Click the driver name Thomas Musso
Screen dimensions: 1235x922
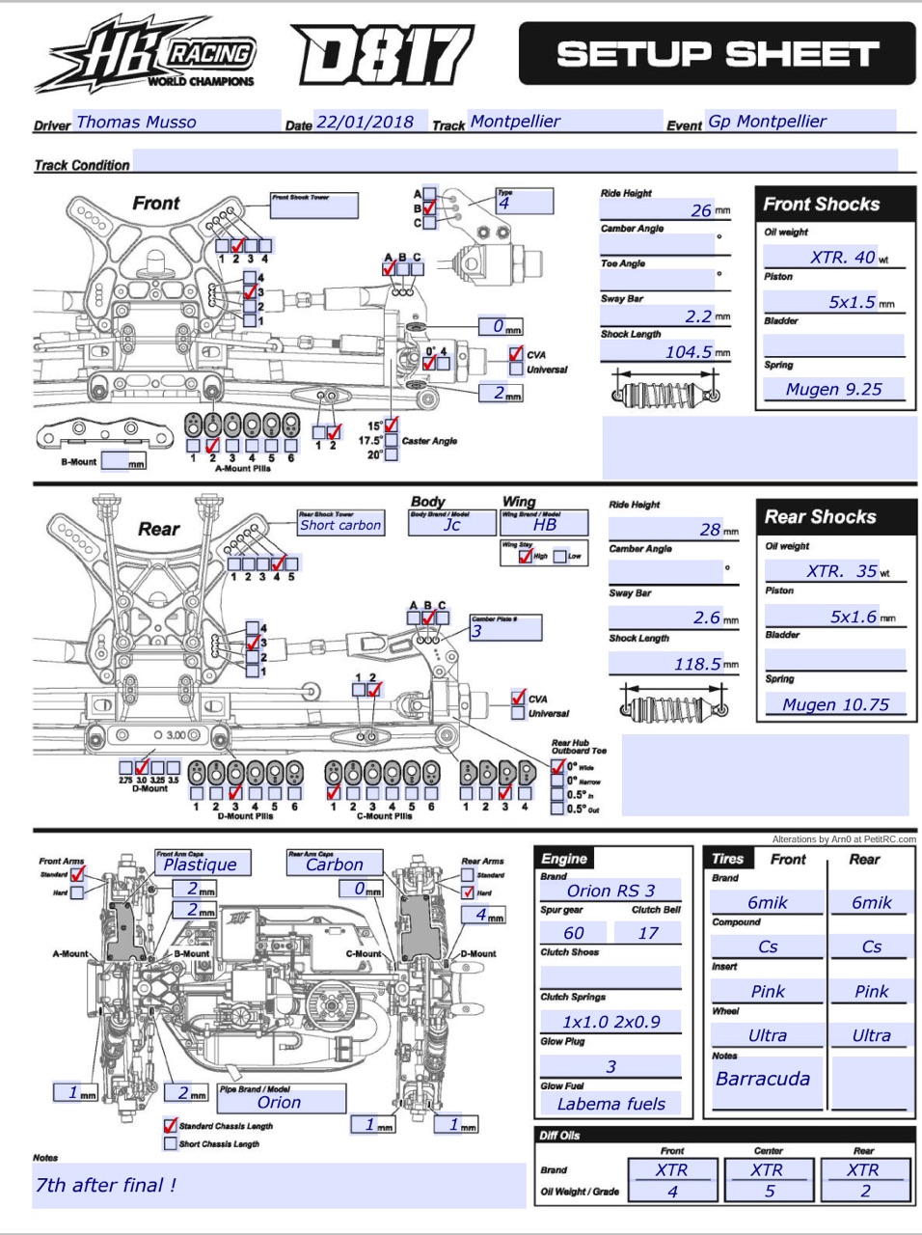coord(136,123)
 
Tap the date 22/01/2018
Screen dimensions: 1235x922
coord(365,123)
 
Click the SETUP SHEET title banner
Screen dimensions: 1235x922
coord(717,54)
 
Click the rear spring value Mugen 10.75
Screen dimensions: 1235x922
coord(835,705)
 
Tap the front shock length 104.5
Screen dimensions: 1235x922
coord(691,352)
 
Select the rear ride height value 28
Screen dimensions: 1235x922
coord(710,530)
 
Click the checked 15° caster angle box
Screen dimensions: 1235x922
coord(392,425)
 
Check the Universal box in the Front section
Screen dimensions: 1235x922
coord(517,370)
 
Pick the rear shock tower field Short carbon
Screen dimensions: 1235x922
coord(340,526)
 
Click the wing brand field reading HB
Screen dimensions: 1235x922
coord(545,525)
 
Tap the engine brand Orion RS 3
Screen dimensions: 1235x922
coord(610,891)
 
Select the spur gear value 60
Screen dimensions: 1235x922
coord(574,933)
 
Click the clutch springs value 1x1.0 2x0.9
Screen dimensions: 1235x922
coord(610,1022)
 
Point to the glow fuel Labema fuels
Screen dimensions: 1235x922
coord(610,1104)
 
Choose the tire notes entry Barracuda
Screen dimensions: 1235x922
coord(763,1080)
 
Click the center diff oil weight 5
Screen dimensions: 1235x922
coord(769,1192)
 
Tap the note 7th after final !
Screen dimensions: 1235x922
coord(106,1186)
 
